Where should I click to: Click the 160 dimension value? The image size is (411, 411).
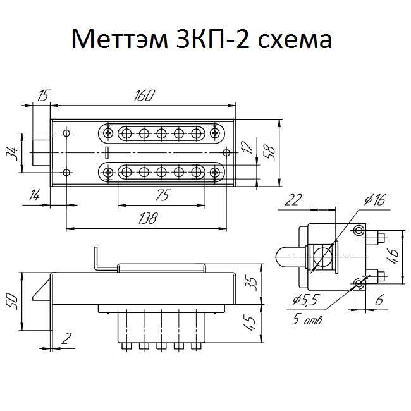(x=144, y=95)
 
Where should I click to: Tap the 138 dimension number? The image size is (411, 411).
(x=148, y=218)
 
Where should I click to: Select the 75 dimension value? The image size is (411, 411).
(x=163, y=195)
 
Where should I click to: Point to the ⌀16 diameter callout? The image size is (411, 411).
(x=374, y=200)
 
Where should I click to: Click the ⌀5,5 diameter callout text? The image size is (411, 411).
(x=305, y=300)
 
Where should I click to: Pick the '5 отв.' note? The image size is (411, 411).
(x=307, y=319)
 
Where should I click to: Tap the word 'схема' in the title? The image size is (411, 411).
(x=295, y=39)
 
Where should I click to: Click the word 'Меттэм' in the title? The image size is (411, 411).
(x=120, y=39)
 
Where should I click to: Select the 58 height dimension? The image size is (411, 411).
(x=270, y=153)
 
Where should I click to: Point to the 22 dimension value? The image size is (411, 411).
(x=293, y=200)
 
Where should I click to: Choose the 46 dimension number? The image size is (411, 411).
(x=393, y=257)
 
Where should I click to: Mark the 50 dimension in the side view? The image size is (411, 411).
(x=13, y=302)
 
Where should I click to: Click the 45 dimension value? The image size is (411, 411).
(x=249, y=324)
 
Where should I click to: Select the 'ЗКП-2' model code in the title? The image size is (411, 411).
(x=212, y=39)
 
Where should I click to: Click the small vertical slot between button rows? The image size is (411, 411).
(x=107, y=153)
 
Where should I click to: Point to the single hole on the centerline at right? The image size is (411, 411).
(x=226, y=153)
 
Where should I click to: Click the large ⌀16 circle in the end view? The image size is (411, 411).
(x=322, y=256)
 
